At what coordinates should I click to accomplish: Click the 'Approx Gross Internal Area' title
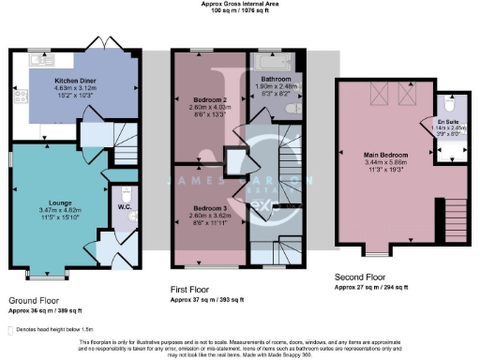pyautogui.click(x=240, y=5)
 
